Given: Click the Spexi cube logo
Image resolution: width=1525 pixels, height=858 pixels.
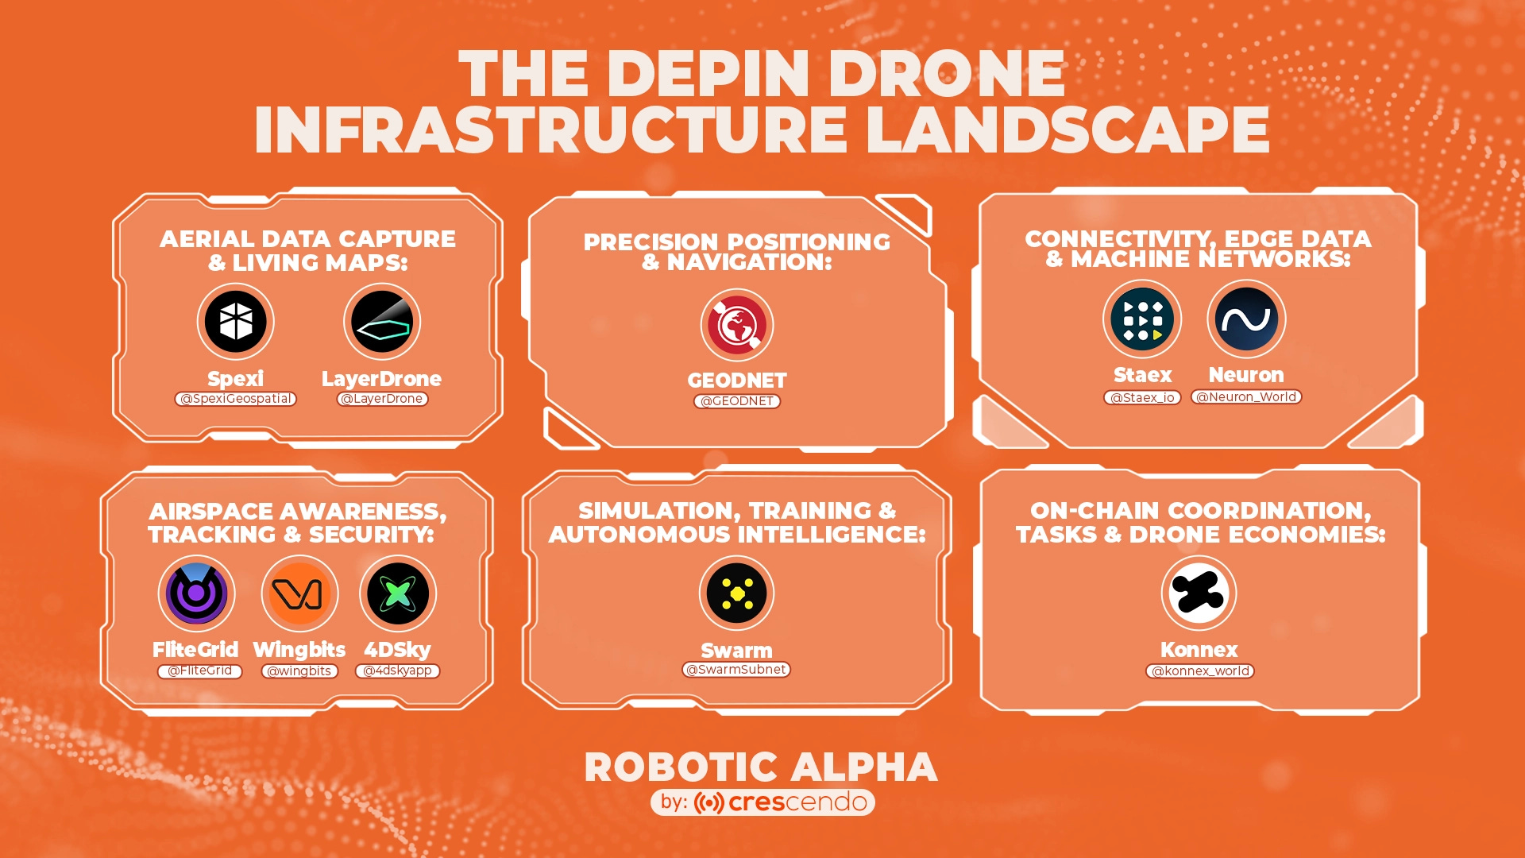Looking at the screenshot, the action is click(236, 322).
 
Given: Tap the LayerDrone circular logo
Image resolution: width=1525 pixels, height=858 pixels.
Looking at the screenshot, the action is click(382, 322).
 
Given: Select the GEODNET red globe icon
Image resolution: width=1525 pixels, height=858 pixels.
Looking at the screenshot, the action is click(737, 325).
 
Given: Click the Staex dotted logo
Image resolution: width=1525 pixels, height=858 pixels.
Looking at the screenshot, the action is click(1142, 319).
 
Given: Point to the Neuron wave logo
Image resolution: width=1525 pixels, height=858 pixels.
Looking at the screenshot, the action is click(1246, 319).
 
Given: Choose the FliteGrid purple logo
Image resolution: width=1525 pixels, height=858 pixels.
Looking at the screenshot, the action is click(196, 593).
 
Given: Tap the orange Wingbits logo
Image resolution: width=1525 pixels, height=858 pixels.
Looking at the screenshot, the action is click(299, 593).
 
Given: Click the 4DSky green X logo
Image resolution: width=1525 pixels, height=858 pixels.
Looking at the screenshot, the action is click(398, 593).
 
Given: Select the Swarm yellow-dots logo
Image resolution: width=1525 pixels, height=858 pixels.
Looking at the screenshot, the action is click(737, 593).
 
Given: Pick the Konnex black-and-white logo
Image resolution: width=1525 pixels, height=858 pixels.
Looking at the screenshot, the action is click(1199, 593).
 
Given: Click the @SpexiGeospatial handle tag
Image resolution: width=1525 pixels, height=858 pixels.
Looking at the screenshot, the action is click(236, 399).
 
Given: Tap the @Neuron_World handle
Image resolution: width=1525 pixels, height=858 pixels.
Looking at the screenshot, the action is click(1246, 397).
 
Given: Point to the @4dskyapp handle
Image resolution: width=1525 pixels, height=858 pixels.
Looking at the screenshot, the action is click(397, 671).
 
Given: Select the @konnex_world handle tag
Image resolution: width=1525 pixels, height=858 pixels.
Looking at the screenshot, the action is click(1200, 671).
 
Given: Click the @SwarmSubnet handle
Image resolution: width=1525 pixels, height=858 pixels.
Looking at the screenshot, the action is click(736, 670).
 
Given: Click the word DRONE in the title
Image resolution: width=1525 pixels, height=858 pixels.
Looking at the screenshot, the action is click(947, 74).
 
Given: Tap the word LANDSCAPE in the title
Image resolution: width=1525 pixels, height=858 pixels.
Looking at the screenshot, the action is click(1067, 129).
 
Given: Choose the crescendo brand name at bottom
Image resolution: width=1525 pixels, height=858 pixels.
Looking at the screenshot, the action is click(797, 802).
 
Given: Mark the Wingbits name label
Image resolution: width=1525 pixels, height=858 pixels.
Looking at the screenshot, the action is click(299, 650).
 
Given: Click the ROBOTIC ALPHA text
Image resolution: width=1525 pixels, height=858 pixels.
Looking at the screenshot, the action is click(761, 767).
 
